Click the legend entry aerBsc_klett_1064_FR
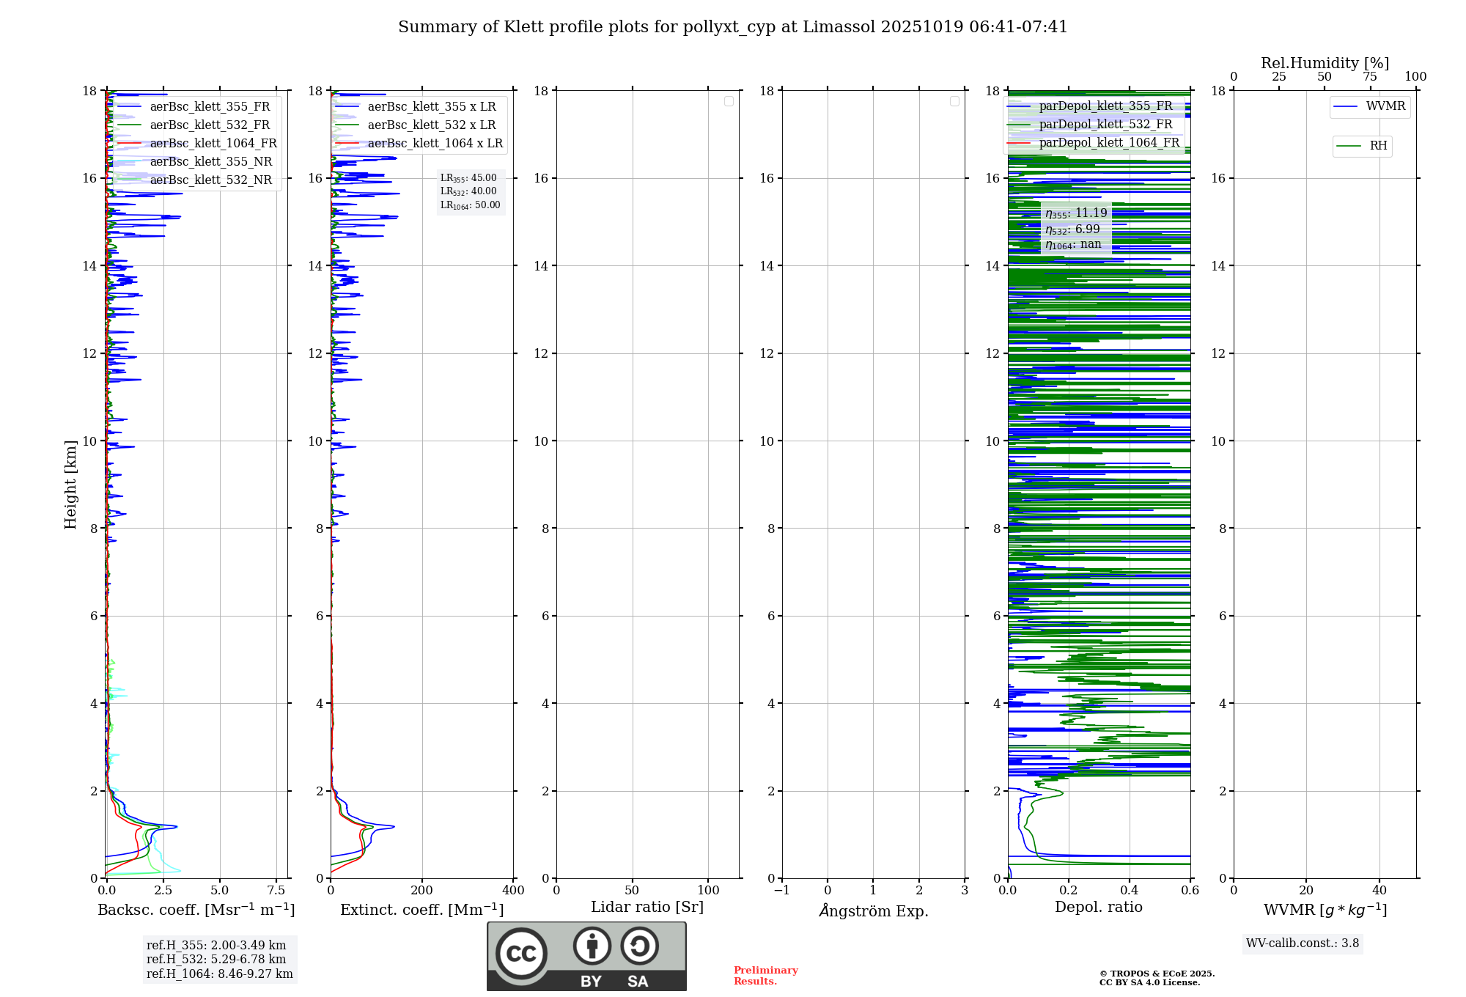click(213, 144)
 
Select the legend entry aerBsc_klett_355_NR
click(210, 162)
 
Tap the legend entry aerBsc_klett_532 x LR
click(431, 125)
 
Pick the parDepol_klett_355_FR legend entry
click(1105, 106)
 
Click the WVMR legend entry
click(1385, 106)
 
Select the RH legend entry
click(1377, 146)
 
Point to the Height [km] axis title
click(70, 485)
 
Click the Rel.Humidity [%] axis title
click(1325, 63)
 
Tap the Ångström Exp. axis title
click(873, 910)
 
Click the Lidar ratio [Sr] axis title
click(647, 908)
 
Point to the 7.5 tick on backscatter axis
click(276, 891)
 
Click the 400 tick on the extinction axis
click(513, 891)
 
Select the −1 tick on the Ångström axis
click(782, 891)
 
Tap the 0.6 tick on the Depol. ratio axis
click(1190, 891)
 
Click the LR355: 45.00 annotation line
click(468, 178)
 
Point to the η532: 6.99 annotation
click(1072, 229)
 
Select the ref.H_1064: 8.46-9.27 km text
click(219, 974)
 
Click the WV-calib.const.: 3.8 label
click(1303, 943)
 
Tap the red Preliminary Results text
click(765, 976)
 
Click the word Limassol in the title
click(839, 27)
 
